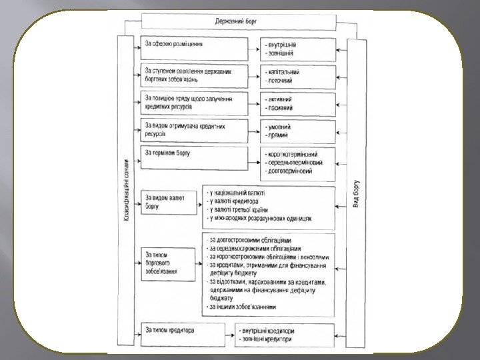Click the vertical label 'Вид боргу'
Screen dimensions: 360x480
[356, 193]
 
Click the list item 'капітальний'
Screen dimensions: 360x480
[282, 71]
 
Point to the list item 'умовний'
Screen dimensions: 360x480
[278, 127]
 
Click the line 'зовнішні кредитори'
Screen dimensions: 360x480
[267, 339]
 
